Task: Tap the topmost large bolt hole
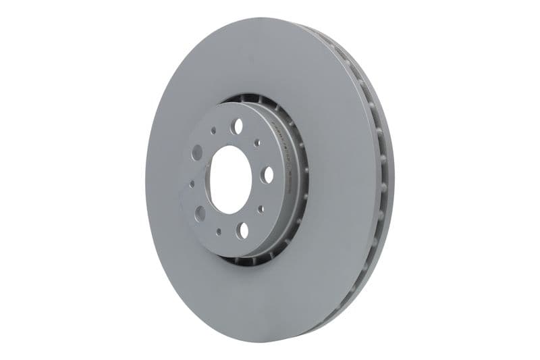(x=237, y=126)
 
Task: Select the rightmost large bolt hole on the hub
(x=267, y=174)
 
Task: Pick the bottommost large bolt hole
(x=242, y=230)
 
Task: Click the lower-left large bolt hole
(x=200, y=213)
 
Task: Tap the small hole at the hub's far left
(x=192, y=183)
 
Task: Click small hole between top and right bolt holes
(x=257, y=143)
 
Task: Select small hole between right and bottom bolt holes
(x=261, y=209)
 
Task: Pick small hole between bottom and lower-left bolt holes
(x=218, y=231)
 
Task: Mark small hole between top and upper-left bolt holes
(x=213, y=130)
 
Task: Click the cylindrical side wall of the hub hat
(x=283, y=203)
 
